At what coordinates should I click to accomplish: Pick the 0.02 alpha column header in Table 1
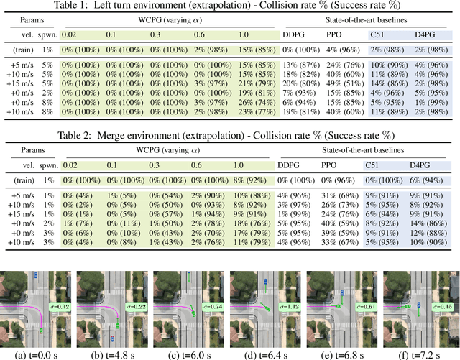(x=68, y=34)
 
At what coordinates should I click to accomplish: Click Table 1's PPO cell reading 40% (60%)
(x=343, y=102)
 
